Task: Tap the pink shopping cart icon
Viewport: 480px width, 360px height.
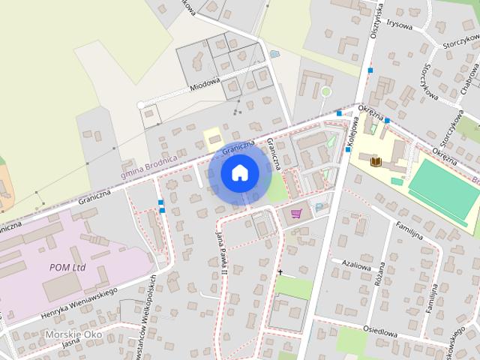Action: click(x=296, y=214)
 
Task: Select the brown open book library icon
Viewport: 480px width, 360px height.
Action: click(x=375, y=161)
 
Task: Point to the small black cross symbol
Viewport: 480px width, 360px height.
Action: click(x=281, y=273)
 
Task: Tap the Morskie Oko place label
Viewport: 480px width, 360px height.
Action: click(x=72, y=334)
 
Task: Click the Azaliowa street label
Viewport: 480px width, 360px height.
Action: click(x=356, y=265)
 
